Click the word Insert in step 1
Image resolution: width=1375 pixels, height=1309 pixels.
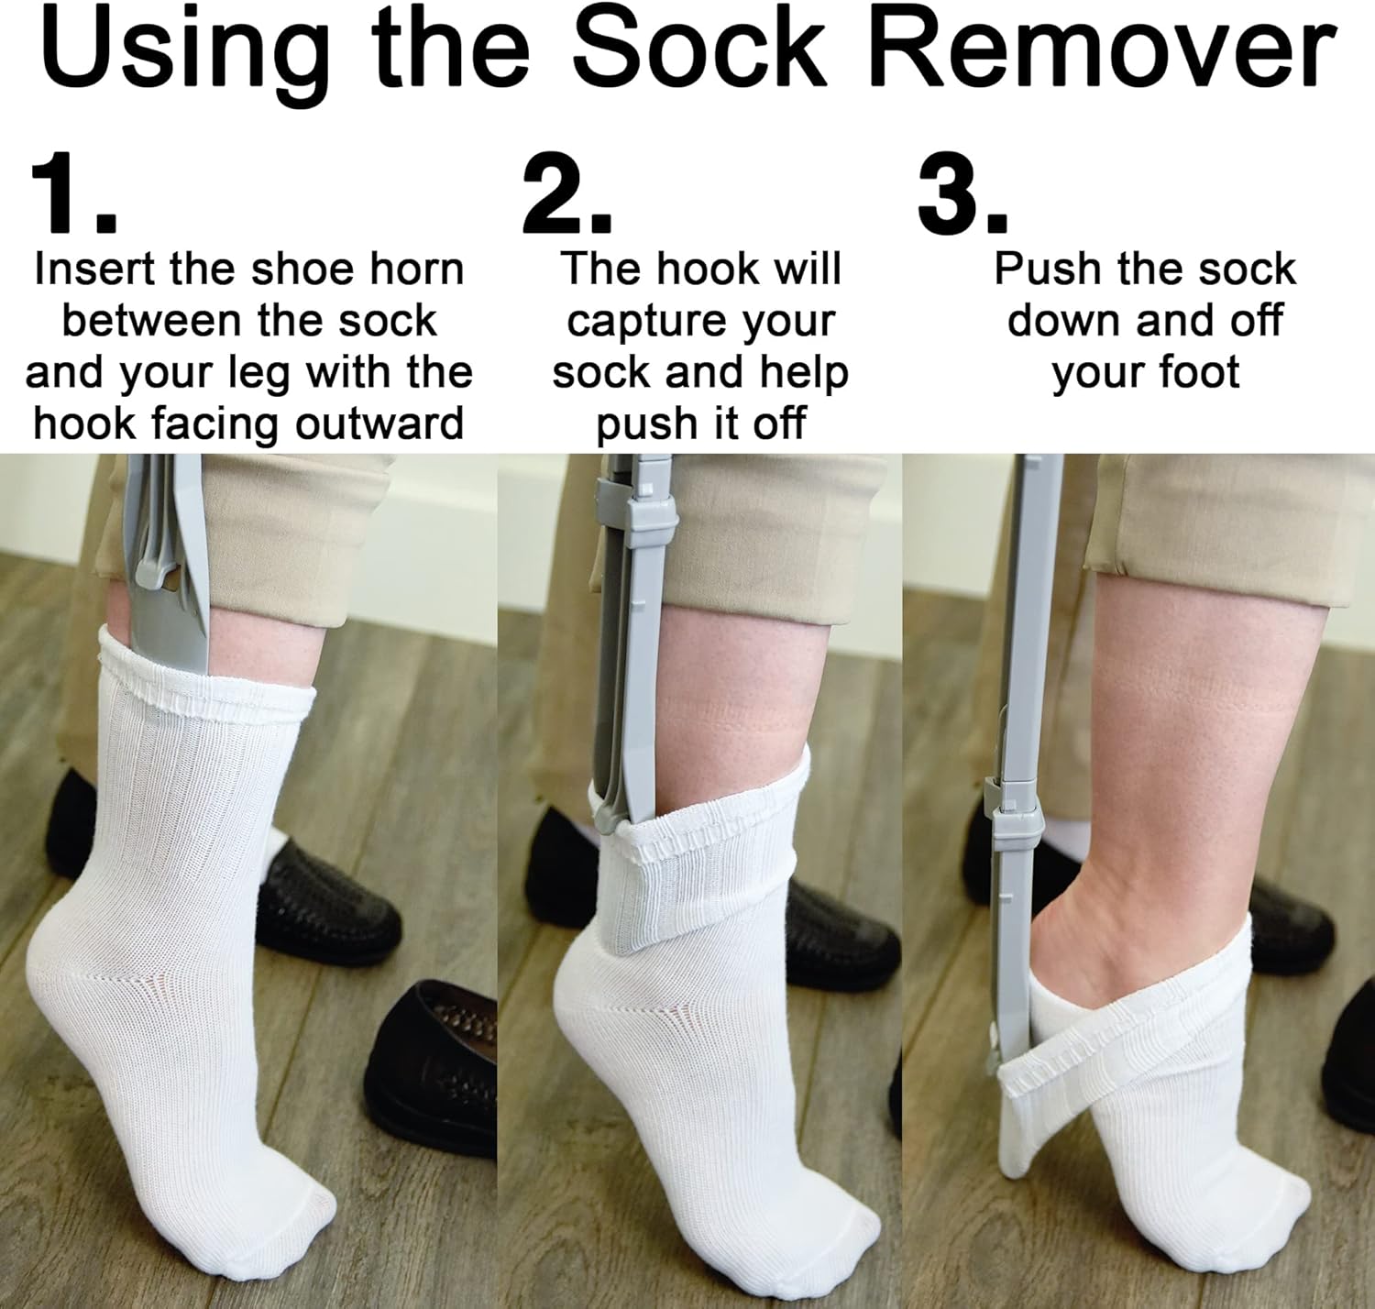tap(96, 269)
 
